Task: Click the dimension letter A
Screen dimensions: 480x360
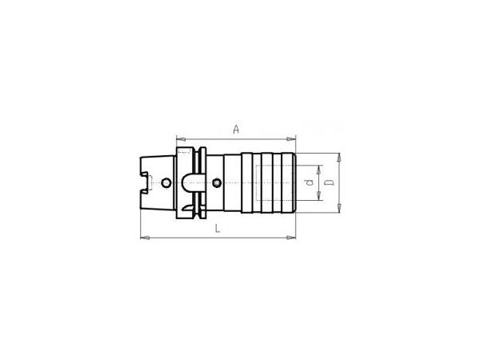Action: [x=236, y=130]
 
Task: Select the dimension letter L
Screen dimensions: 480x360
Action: [x=218, y=228]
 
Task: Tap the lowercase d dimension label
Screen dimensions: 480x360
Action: [x=310, y=182]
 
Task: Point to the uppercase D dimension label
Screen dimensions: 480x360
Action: [x=329, y=182]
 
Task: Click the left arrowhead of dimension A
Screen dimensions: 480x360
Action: [x=181, y=139]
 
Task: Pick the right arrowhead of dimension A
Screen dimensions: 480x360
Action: [x=291, y=139]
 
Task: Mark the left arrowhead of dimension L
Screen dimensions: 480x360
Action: [x=145, y=238]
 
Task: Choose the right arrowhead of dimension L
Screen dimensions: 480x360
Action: [x=291, y=238]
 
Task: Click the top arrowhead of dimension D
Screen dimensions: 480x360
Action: [x=339, y=158]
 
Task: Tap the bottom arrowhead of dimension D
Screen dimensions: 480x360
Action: [x=339, y=208]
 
